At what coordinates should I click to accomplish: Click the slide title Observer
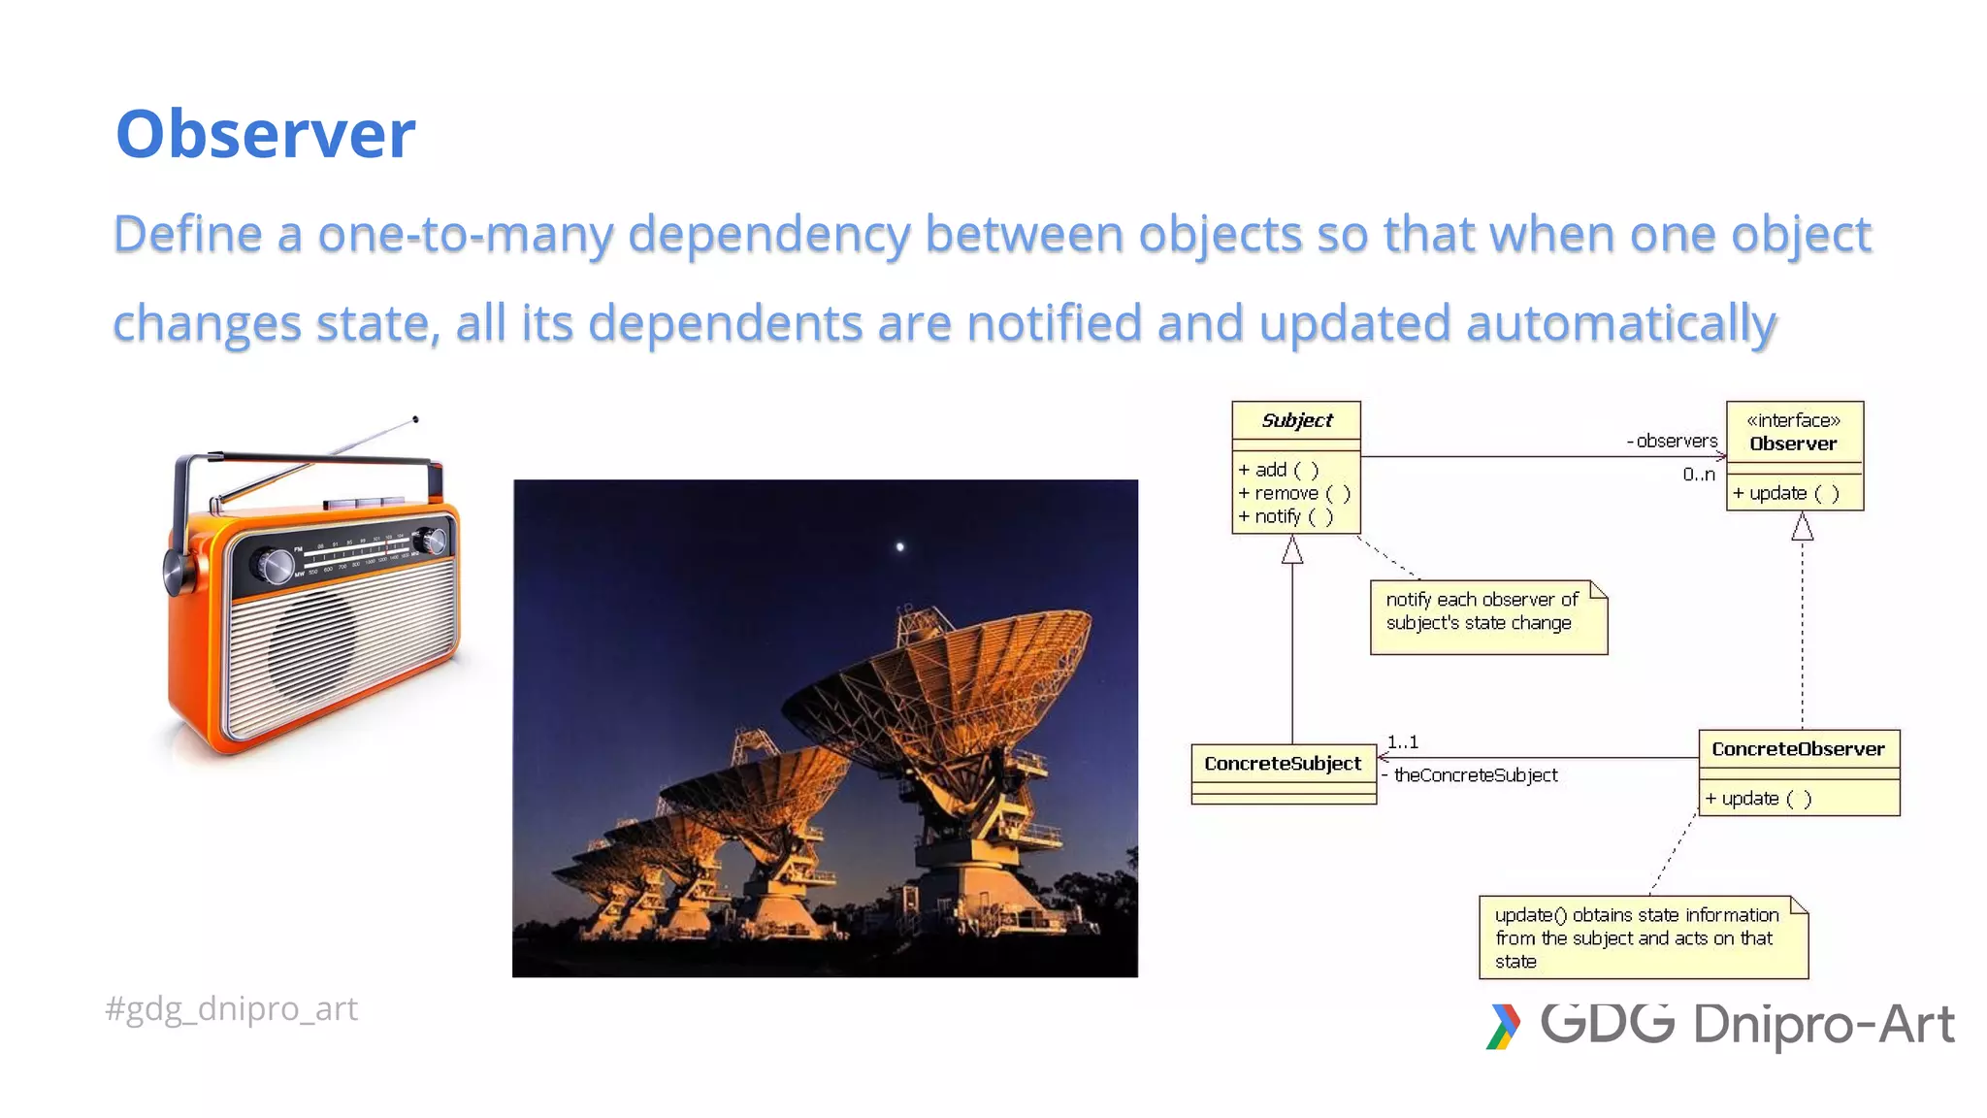pos(265,134)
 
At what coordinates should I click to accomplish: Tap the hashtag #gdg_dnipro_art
pos(231,1009)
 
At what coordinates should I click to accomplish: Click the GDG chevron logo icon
pos(1503,1027)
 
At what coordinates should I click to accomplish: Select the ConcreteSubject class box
pos(1283,773)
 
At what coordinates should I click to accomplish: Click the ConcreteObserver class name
pos(1798,749)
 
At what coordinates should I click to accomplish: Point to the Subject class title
pos(1296,420)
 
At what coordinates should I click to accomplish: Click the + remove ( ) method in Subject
pos(1293,493)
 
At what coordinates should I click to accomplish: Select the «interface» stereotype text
pos(1793,420)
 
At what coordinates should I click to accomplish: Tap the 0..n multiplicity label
pos(1698,475)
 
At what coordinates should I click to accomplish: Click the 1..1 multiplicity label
pos(1402,742)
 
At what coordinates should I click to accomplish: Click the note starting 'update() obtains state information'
pos(1642,937)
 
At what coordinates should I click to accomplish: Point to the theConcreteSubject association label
pos(1475,775)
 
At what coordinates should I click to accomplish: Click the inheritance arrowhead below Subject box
pos(1292,551)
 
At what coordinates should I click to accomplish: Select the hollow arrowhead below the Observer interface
pos(1802,528)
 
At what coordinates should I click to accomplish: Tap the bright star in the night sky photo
pos(900,547)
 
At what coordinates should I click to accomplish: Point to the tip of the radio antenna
pos(415,419)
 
